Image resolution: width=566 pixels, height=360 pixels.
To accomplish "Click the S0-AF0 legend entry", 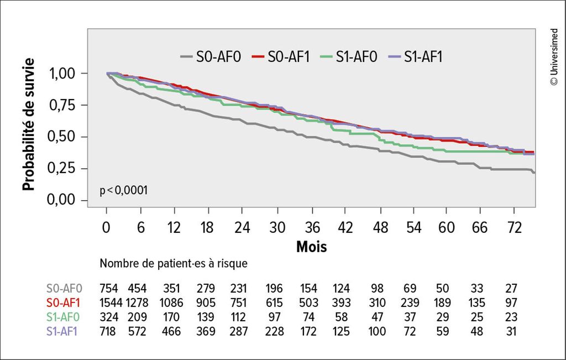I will (211, 56).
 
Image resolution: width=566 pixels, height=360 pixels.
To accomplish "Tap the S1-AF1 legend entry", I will (417, 56).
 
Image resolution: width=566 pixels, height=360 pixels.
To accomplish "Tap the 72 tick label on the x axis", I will (514, 228).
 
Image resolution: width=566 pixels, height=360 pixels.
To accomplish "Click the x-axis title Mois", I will (311, 246).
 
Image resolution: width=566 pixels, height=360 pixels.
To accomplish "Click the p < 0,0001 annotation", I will (123, 190).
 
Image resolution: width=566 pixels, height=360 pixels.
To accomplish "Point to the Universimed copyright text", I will (554, 50).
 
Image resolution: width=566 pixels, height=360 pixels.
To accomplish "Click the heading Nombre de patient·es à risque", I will (173, 264).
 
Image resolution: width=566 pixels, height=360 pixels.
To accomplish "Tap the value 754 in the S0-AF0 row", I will (109, 288).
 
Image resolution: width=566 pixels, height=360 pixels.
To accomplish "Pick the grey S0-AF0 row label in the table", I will (64, 288).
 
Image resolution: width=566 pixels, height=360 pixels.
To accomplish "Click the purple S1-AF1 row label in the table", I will (64, 331).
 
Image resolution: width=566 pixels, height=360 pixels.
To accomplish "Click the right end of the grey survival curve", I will (534, 173).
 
